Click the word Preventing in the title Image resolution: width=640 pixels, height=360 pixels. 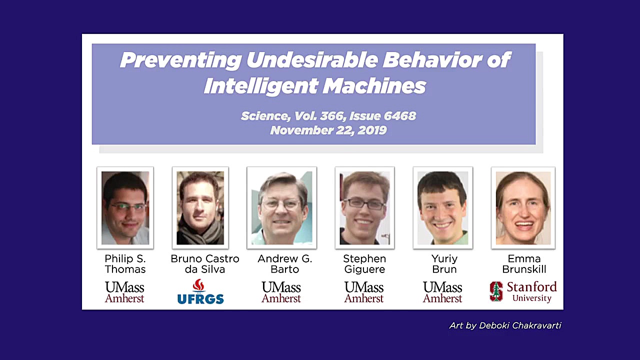coord(181,60)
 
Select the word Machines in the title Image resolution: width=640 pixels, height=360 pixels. coord(374,86)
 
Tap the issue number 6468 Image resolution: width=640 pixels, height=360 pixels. coord(399,116)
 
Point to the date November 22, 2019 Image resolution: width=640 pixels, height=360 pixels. coord(328,130)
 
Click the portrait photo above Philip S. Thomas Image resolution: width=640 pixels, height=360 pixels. coord(125,207)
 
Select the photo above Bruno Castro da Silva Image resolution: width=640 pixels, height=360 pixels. coord(200,207)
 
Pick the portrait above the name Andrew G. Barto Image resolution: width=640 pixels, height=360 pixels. coord(281,207)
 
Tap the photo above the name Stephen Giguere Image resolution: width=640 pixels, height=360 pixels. coord(365,207)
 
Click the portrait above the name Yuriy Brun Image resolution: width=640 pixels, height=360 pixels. coord(443,207)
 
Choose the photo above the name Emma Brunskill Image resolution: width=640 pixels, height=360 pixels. coord(523,207)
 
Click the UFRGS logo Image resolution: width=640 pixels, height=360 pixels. coord(200,291)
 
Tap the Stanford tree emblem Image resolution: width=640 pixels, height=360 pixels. coord(496,291)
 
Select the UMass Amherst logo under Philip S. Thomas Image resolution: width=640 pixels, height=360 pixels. coord(124,292)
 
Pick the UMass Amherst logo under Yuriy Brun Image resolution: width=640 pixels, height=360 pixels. coord(442,292)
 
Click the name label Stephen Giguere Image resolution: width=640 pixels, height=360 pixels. coord(364,264)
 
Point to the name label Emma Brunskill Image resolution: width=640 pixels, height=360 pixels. coord(524,264)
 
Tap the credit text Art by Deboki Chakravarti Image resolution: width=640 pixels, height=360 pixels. coord(505,325)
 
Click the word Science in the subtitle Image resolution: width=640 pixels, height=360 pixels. coord(265,116)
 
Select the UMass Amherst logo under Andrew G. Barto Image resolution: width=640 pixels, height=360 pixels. coord(281,292)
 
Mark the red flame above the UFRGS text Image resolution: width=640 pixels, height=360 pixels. coord(198,285)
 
